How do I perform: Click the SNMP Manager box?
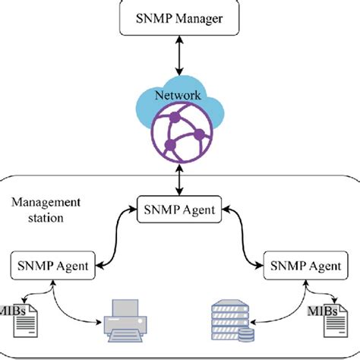180,17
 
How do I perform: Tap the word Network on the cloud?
178,96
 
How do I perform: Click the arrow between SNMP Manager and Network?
180,56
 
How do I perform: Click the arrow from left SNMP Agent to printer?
72,308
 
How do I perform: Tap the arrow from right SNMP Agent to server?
285,308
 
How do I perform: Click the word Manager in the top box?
199,17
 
